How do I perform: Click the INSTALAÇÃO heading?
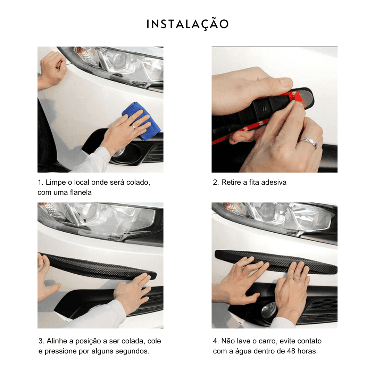click(187, 24)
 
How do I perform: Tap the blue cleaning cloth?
click(141, 121)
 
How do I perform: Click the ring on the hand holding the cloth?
click(133, 127)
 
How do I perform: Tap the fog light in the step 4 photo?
click(269, 310)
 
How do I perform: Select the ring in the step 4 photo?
click(297, 277)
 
